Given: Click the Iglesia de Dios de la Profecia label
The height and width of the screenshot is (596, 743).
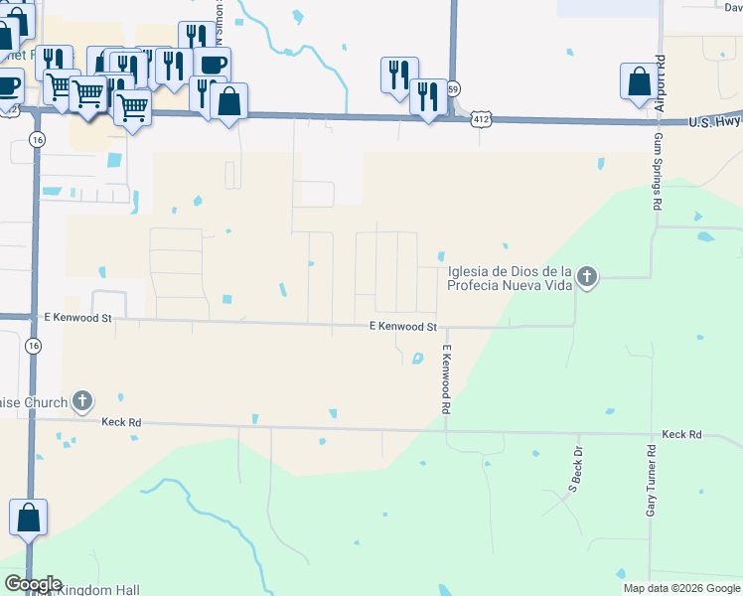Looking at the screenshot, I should click(510, 278).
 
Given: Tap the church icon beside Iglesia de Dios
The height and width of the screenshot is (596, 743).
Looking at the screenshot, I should click(587, 276).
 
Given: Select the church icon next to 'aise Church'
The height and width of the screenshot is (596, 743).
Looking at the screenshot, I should click(81, 402).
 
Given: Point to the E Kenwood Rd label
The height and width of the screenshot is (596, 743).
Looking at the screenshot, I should click(447, 380).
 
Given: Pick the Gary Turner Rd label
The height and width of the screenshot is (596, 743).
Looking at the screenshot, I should click(652, 480).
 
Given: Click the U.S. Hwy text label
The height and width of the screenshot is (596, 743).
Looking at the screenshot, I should click(714, 122).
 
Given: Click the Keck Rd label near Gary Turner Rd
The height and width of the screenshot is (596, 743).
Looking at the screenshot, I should click(681, 435).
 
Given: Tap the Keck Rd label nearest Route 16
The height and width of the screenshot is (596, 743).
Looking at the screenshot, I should click(121, 422).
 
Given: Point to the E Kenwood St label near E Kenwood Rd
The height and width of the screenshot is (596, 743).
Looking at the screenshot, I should click(403, 326).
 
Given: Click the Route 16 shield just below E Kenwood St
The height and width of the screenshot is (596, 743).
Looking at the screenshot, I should click(35, 346).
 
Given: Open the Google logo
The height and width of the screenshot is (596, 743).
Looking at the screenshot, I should click(33, 584).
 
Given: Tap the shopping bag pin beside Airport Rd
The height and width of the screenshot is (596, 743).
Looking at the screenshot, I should click(638, 82).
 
